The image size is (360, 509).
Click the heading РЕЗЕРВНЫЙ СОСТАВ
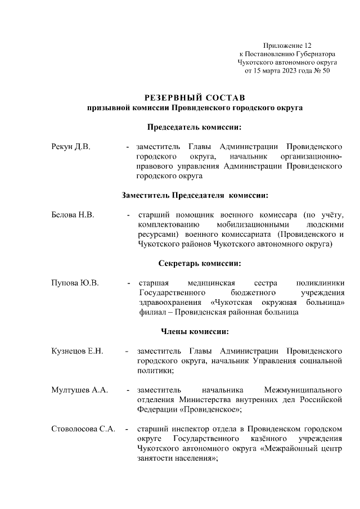coord(195,97)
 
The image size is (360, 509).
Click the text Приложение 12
coord(287,44)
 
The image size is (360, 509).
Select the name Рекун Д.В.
coord(71,147)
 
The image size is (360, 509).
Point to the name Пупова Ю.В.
coord(75,282)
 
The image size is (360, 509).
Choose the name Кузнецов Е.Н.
coord(77,351)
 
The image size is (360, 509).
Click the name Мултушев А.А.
coord(79,389)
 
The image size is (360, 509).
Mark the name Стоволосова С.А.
coord(83,429)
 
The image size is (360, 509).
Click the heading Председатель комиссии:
coord(194,127)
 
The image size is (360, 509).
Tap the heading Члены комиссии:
coord(195,331)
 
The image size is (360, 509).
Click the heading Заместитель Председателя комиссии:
coord(195,195)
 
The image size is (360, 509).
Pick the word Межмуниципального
coord(303,389)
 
